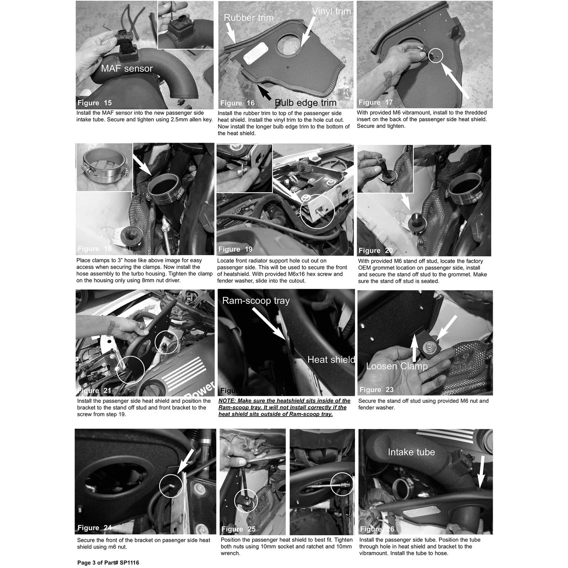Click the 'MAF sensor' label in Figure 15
pyautogui.click(x=127, y=68)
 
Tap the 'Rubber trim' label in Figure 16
pyautogui.click(x=248, y=18)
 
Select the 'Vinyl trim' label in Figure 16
pyautogui.click(x=332, y=11)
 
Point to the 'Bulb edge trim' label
pyautogui.click(x=306, y=103)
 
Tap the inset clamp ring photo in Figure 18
pyautogui.click(x=104, y=167)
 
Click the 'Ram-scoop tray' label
pyautogui.click(x=256, y=301)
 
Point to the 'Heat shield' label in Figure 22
pyautogui.click(x=331, y=360)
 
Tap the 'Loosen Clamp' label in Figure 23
pyautogui.click(x=397, y=366)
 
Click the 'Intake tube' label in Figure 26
pyautogui.click(x=411, y=452)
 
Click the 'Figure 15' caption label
pyautogui.click(x=95, y=103)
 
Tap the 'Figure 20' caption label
pyautogui.click(x=376, y=251)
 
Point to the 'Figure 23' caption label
pyautogui.click(x=377, y=389)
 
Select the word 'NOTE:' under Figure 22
pyautogui.click(x=227, y=401)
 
